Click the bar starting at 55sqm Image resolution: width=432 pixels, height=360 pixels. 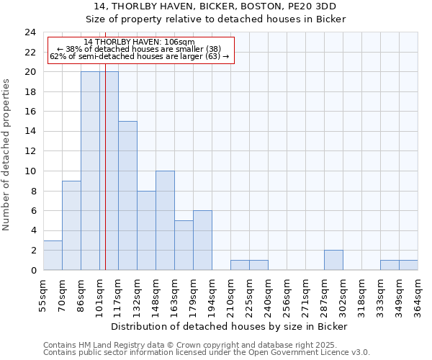point(53,256)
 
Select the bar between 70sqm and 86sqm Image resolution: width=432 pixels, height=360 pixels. point(71,225)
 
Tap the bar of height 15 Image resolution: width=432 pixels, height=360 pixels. point(127,196)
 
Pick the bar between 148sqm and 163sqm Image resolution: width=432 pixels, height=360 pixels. point(165,220)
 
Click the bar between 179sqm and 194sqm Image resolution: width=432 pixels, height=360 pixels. point(202,240)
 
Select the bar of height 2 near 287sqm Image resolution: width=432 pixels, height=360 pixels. point(333,260)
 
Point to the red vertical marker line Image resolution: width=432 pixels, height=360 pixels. point(105,180)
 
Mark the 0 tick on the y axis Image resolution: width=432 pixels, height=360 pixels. point(32,270)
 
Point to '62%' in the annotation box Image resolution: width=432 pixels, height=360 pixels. point(57,56)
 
